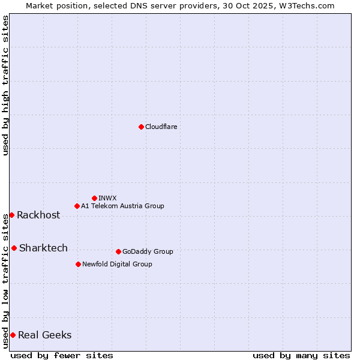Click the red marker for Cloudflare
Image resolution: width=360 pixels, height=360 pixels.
(141, 127)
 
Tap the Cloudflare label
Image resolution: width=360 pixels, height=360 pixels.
(161, 127)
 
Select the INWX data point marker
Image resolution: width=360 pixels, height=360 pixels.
(94, 198)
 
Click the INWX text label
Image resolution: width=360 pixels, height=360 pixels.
(107, 198)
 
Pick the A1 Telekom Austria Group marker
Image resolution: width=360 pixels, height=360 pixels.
(77, 206)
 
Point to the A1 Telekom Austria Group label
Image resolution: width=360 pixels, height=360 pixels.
(122, 206)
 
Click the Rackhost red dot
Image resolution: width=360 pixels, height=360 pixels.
(11, 215)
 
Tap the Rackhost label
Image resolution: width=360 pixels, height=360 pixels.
(38, 215)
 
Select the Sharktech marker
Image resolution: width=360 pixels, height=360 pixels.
(14, 248)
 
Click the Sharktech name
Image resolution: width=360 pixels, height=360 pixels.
(43, 248)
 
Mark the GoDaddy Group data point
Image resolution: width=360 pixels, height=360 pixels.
(118, 251)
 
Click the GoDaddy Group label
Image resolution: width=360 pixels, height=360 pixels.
(148, 251)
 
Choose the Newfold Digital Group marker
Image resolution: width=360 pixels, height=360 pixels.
(78, 264)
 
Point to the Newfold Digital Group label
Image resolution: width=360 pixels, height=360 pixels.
(117, 264)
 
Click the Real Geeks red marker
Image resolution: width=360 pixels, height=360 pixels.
(13, 335)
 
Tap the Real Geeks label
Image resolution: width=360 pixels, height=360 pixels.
(45, 335)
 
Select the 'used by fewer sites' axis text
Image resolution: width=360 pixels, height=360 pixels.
(62, 355)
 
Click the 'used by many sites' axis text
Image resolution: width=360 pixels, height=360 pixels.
(301, 355)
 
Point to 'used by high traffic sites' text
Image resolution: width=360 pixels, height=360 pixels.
(6, 85)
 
